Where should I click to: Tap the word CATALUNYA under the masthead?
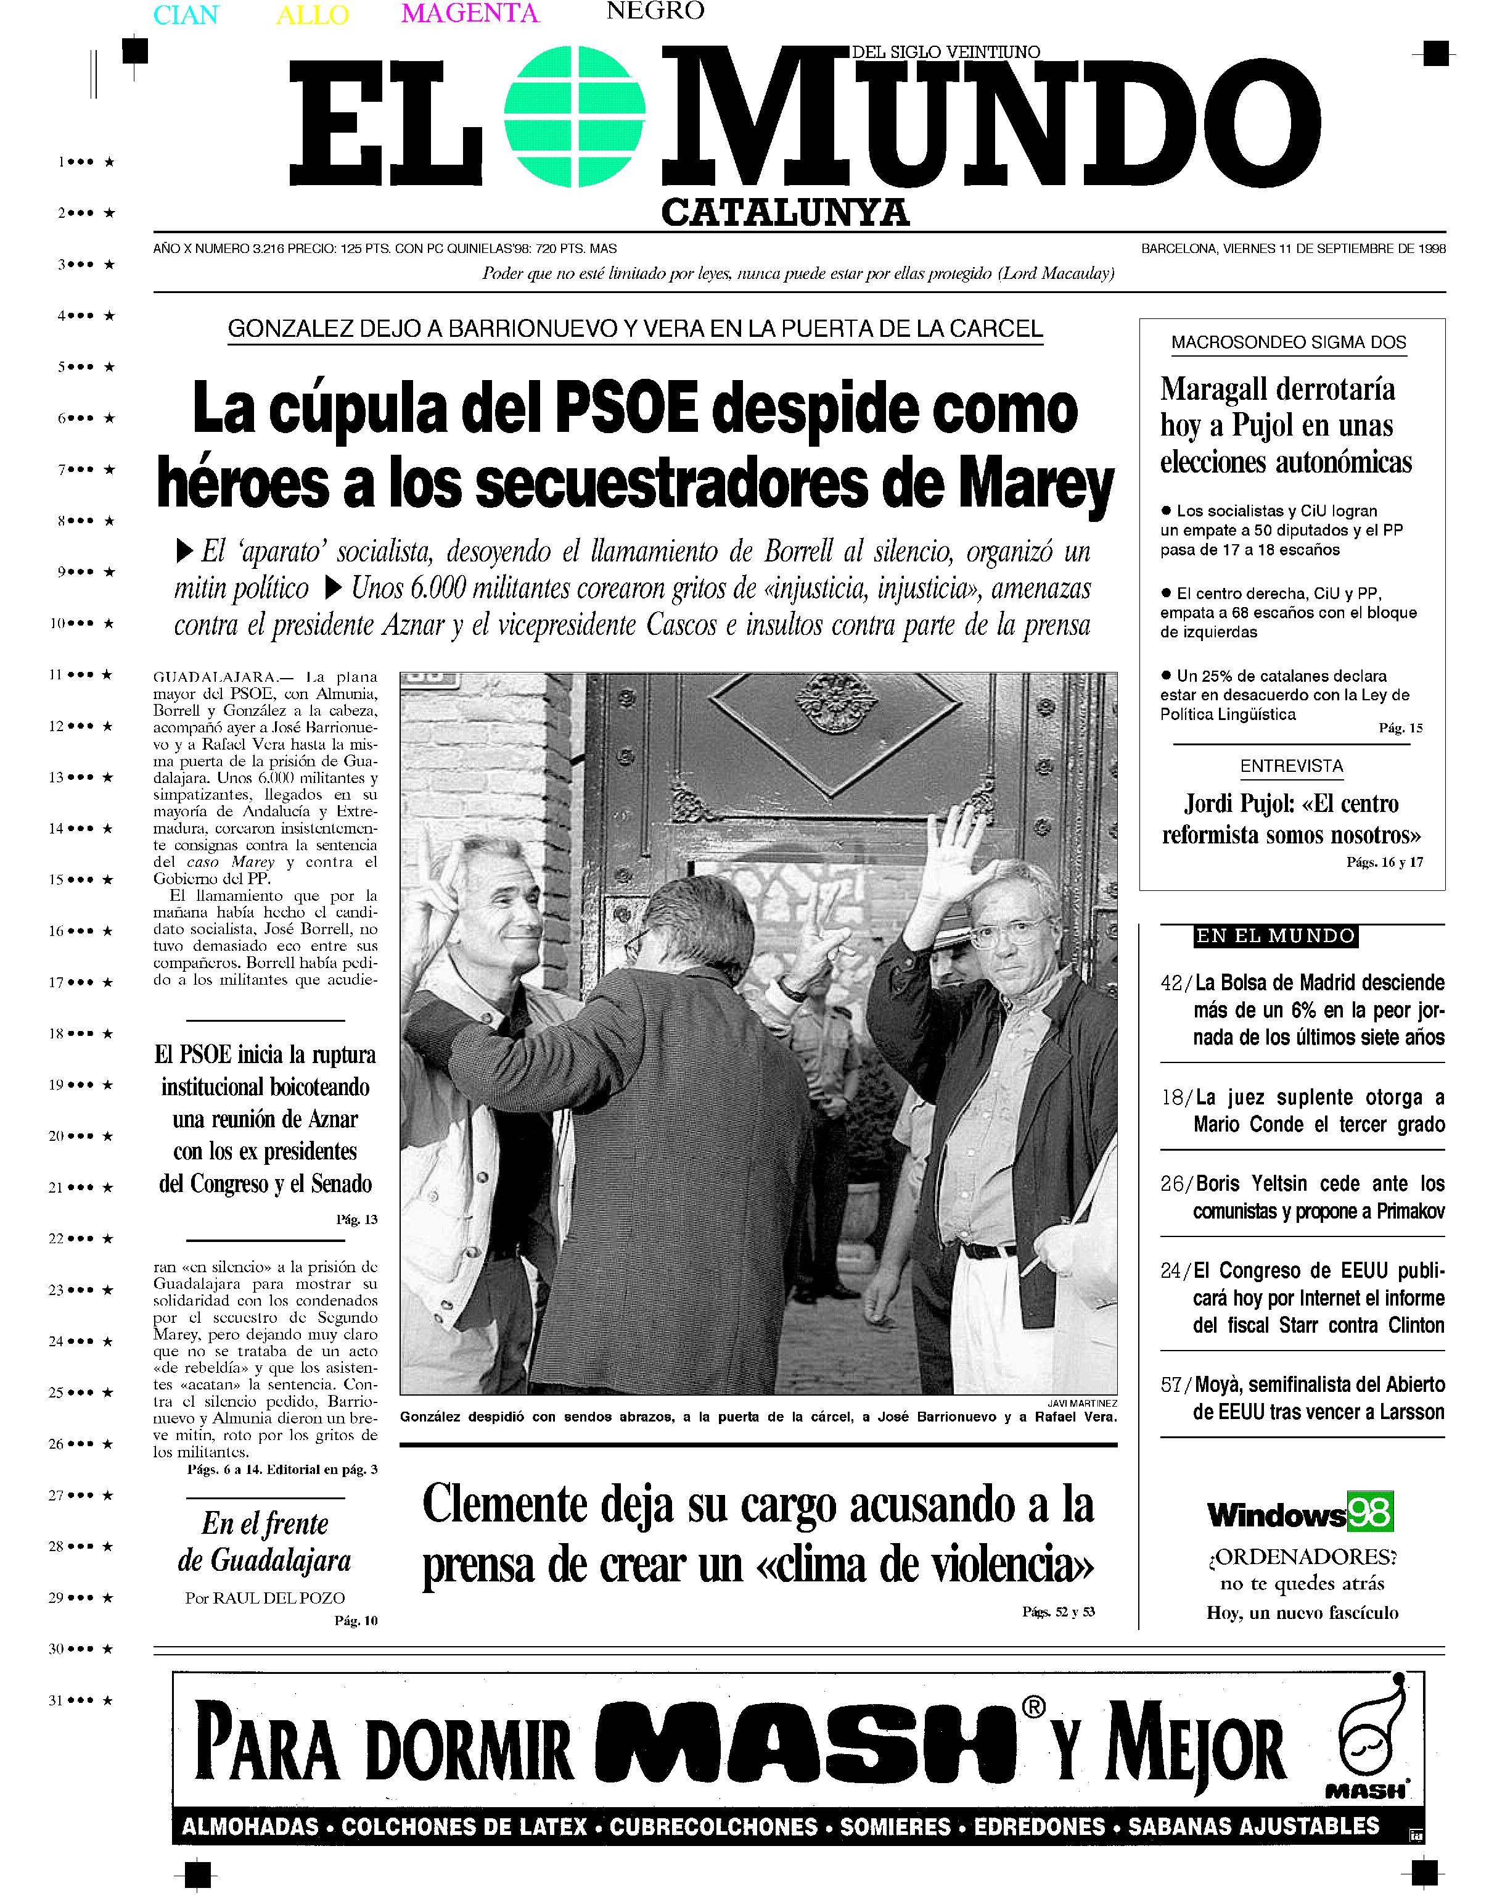[785, 212]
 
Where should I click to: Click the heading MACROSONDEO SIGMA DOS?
[1289, 343]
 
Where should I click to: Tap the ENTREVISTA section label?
[1291, 766]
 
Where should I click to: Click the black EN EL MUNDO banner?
[1276, 936]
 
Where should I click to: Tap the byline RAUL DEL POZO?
[279, 1598]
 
